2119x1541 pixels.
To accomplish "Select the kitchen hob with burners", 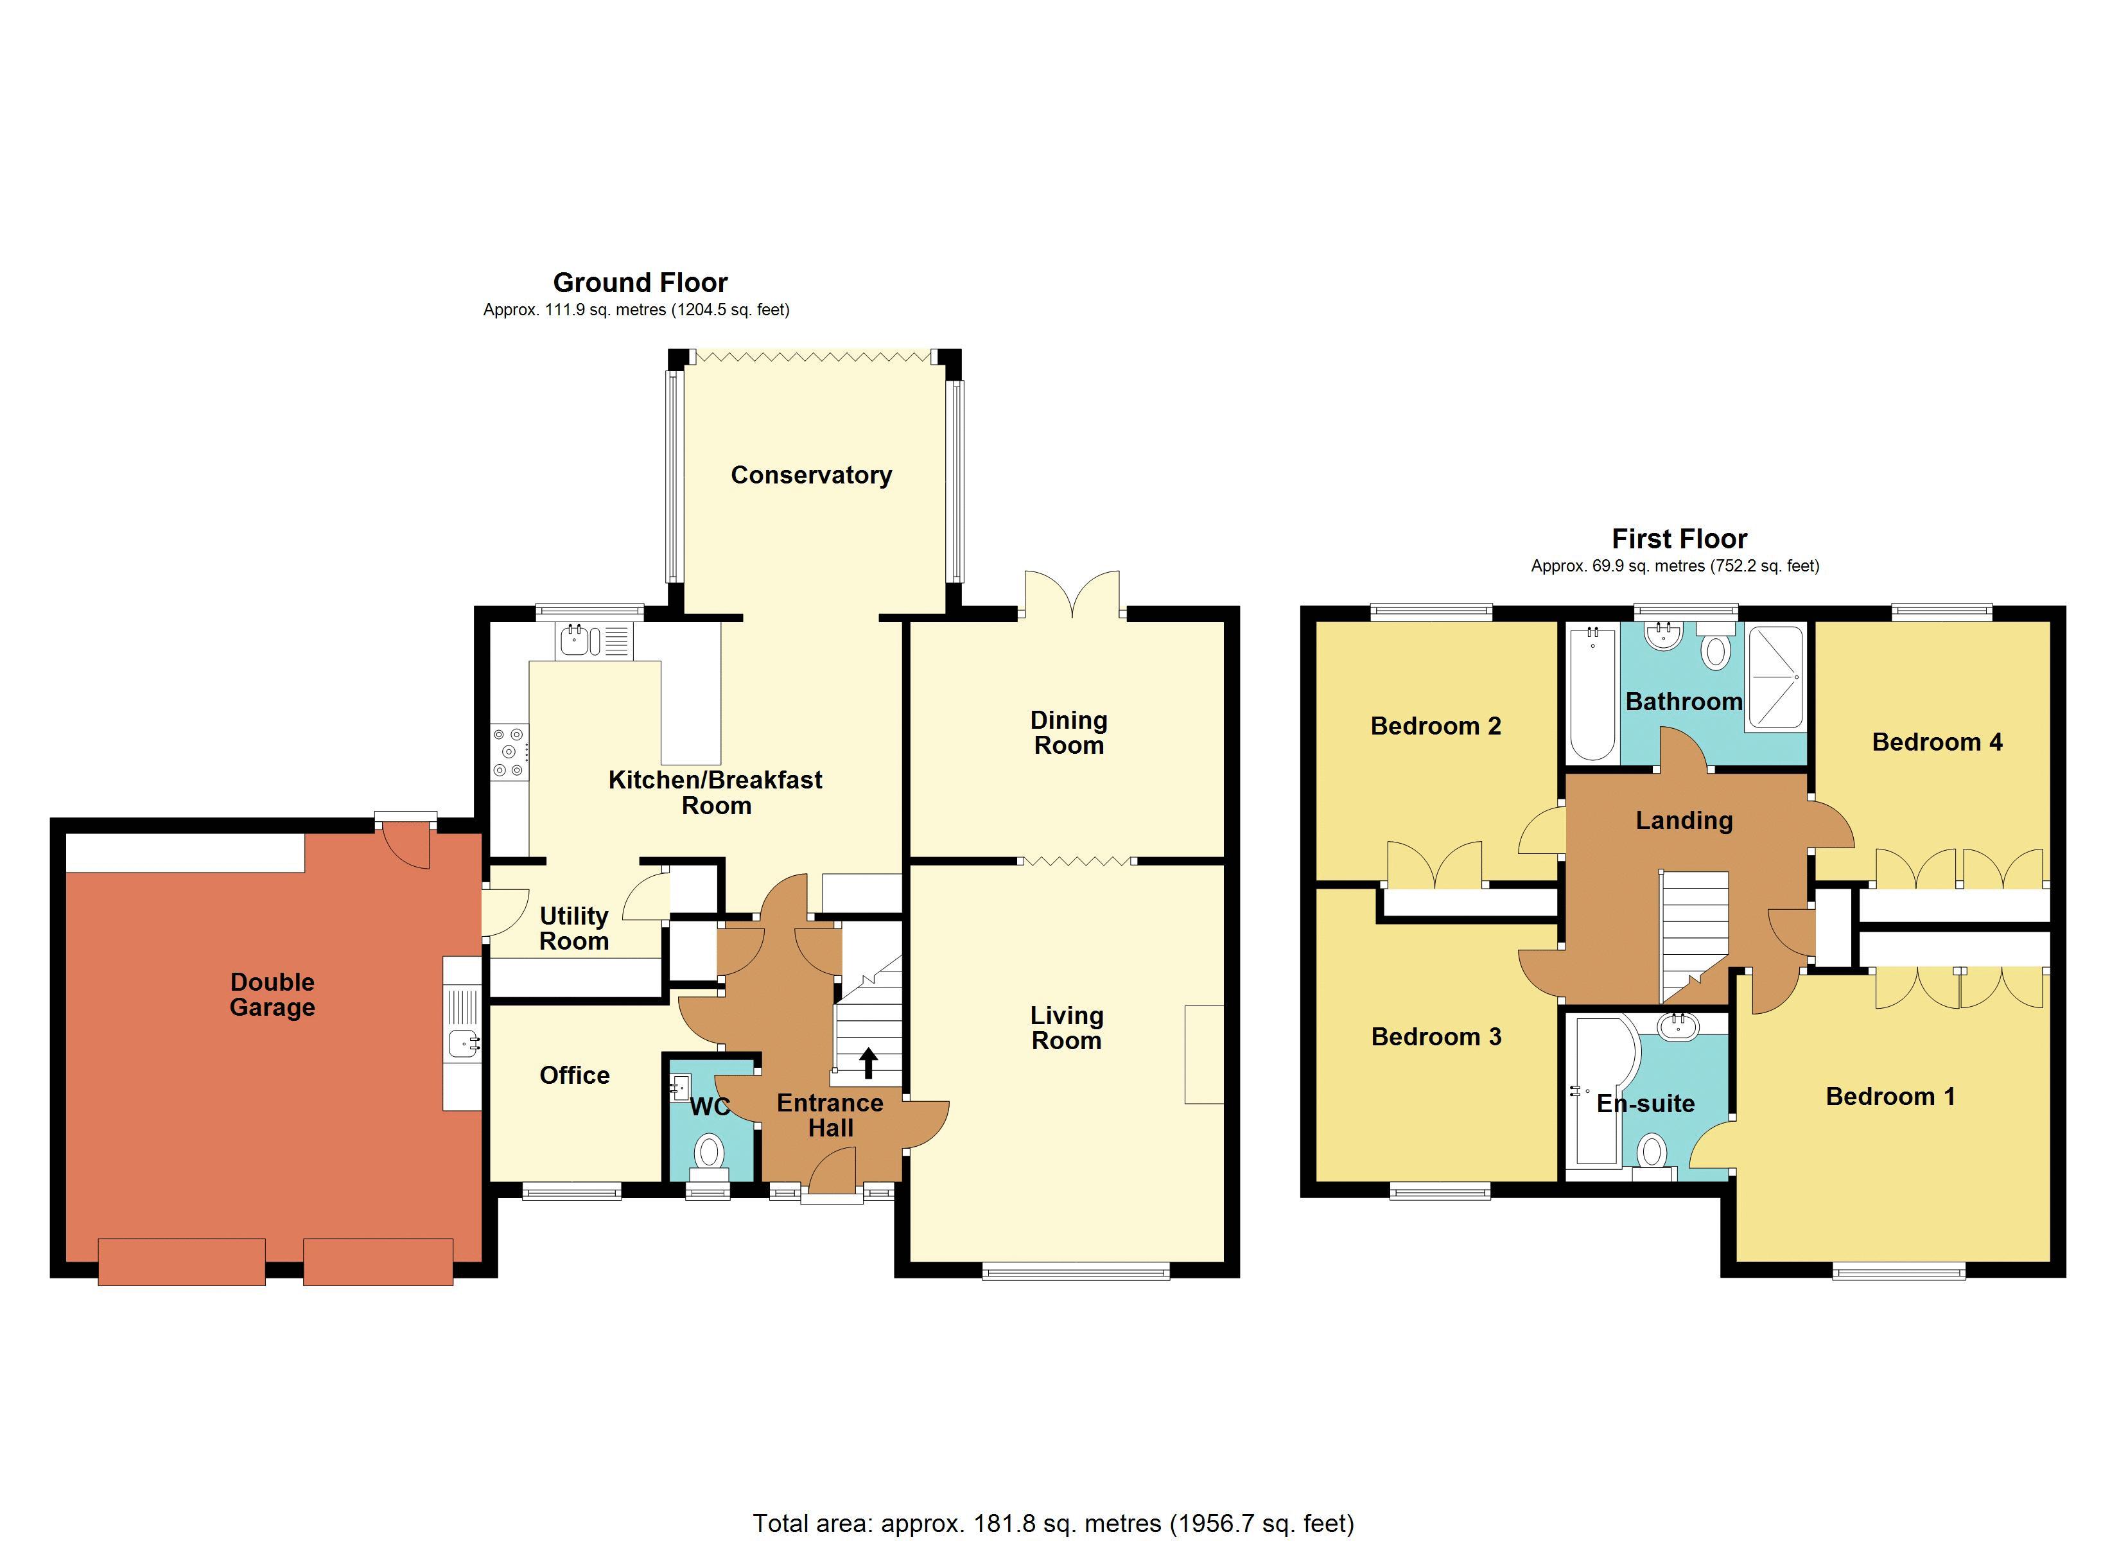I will pos(509,753).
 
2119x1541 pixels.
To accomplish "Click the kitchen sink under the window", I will pos(575,641).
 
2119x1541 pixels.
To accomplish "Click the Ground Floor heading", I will pos(640,283).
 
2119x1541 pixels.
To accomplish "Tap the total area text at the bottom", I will pos(1053,1523).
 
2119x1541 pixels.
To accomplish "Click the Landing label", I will pos(1684,821).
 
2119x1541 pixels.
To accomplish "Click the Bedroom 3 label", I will pos(1436,1036).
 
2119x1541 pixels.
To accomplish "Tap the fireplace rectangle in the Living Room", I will pos(1203,1054).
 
